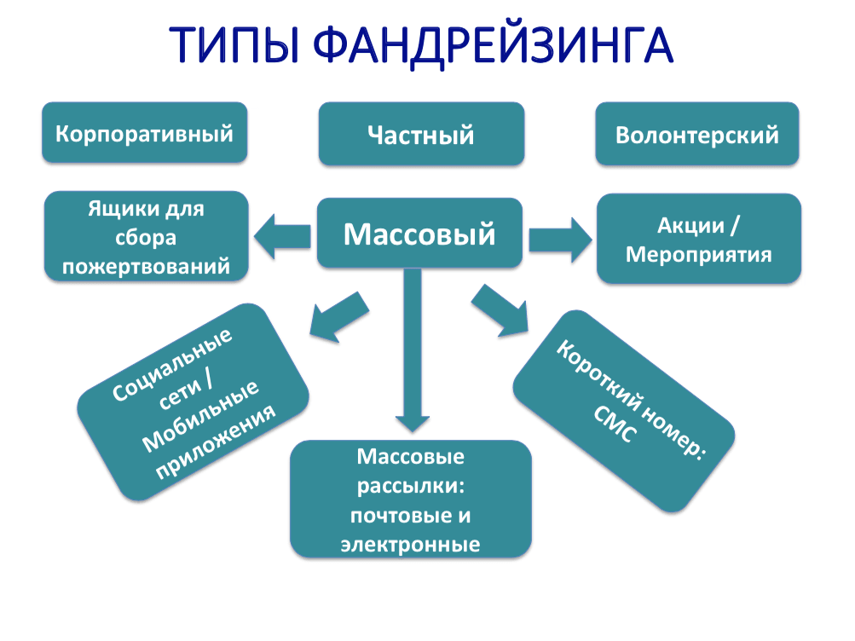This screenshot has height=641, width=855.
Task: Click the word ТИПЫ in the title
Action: [x=231, y=44]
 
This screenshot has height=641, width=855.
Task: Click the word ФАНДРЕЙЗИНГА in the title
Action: [x=492, y=44]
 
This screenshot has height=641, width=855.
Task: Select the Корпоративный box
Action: [x=145, y=134]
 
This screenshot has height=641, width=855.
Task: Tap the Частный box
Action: [x=421, y=135]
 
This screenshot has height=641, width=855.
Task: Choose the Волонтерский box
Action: [x=696, y=135]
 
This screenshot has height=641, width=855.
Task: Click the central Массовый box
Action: [x=419, y=233]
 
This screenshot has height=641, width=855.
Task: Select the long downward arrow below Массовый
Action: [x=412, y=358]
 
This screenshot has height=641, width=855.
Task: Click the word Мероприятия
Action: [x=698, y=254]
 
